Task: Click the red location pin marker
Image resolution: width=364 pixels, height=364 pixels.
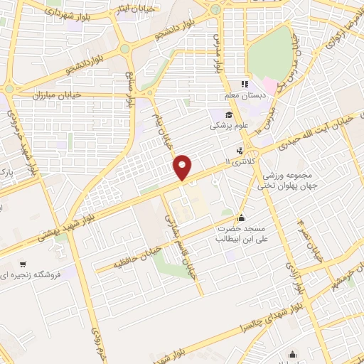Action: (183, 166)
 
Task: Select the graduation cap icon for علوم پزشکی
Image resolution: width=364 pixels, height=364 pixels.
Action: (230, 115)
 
